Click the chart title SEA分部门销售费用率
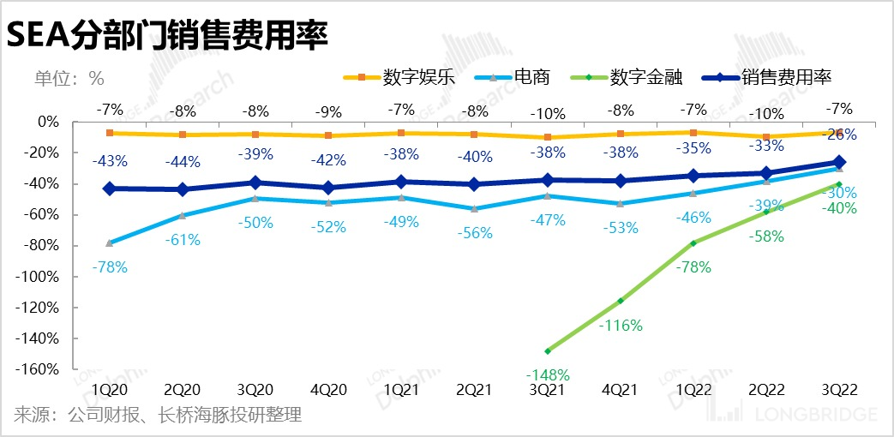[168, 35]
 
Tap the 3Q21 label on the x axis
[547, 389]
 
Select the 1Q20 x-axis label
[109, 389]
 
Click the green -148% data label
[547, 374]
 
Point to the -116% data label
[621, 326]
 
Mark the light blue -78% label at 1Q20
[109, 267]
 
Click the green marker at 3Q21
[547, 350]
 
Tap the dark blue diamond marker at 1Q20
[109, 189]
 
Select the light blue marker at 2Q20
[183, 215]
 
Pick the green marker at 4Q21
[621, 301]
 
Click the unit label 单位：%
[69, 78]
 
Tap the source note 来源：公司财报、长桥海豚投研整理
[158, 416]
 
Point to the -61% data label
[183, 240]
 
